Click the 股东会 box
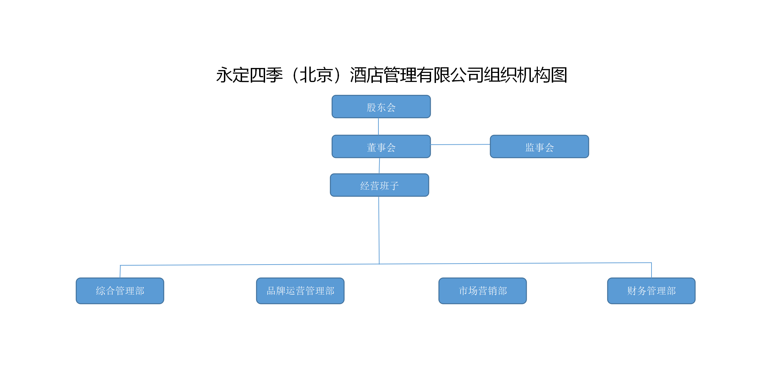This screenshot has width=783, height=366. (x=381, y=107)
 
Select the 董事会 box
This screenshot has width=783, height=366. (x=381, y=147)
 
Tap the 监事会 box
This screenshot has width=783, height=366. (x=539, y=147)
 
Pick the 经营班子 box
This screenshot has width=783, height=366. (x=379, y=185)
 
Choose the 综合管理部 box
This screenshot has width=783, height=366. (x=120, y=291)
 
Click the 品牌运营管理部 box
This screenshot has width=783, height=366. (x=300, y=291)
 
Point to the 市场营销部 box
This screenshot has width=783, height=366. (x=482, y=291)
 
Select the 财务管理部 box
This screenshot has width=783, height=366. (x=651, y=291)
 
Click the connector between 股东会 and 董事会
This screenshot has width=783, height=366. (x=378, y=127)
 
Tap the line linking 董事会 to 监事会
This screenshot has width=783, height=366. (x=460, y=145)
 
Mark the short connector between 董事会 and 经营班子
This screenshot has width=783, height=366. (x=379, y=166)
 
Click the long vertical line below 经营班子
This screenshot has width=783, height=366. (x=379, y=230)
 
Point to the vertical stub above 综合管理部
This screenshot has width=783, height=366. (x=120, y=272)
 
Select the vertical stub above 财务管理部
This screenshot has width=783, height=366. (x=652, y=270)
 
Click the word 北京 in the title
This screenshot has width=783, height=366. (x=316, y=75)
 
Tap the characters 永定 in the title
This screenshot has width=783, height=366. (x=232, y=75)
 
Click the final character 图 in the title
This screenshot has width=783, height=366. (x=559, y=75)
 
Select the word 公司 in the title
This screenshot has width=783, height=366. (x=467, y=75)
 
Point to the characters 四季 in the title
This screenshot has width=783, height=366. (x=266, y=75)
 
